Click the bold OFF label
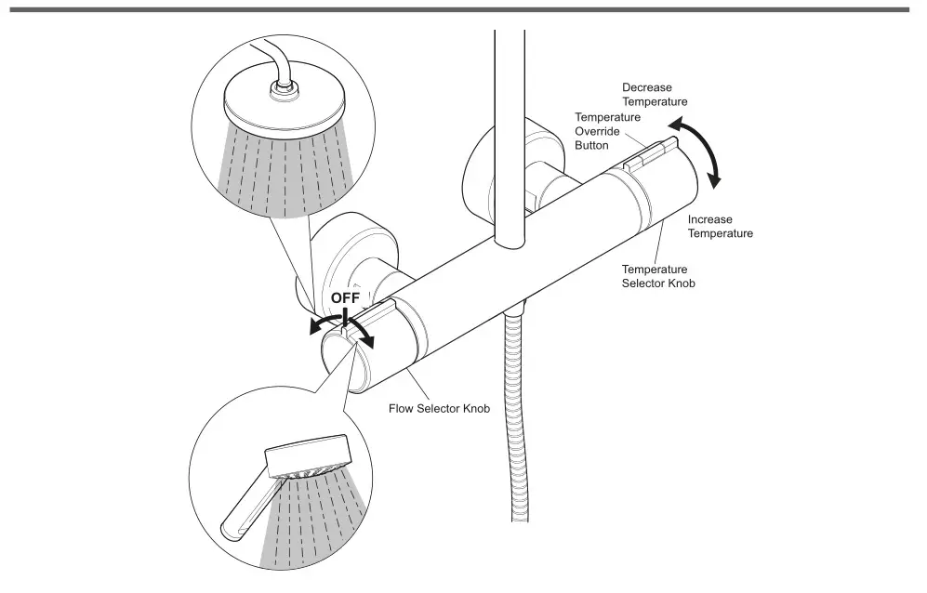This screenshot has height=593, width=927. click(345, 297)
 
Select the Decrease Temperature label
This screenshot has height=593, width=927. click(655, 94)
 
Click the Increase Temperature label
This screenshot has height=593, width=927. click(720, 227)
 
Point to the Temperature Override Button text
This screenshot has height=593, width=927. click(607, 131)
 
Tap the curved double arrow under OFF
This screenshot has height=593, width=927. click(342, 325)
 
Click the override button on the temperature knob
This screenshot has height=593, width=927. click(651, 152)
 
